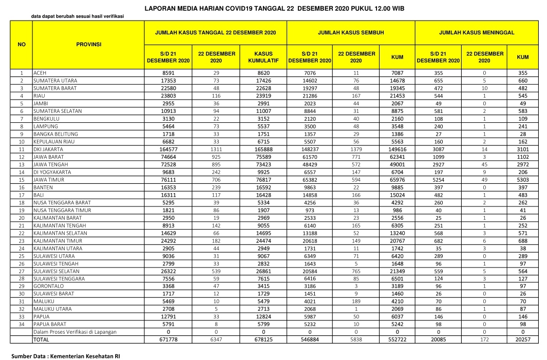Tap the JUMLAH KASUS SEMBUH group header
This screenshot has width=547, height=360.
[350, 32]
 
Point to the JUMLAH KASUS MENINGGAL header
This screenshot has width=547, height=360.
[476, 32]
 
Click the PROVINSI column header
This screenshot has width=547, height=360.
[88, 44]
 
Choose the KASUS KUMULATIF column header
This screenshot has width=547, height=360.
[263, 57]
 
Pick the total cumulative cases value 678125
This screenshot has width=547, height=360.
[263, 339]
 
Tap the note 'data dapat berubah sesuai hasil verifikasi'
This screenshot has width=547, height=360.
[77, 16]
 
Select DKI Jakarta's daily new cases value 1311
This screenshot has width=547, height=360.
[216, 149]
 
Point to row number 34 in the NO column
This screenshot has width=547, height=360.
[22, 324]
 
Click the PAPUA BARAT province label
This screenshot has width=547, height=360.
[51, 324]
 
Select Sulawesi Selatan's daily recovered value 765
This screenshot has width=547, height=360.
[355, 271]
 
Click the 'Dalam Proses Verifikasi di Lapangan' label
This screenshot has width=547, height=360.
[75, 332]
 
